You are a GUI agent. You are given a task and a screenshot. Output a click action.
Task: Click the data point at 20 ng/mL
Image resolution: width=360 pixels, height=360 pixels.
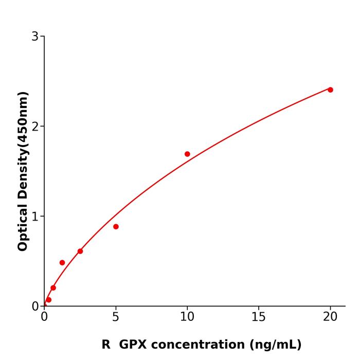(330, 90)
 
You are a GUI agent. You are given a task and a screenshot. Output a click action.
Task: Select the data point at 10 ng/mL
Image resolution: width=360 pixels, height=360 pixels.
(187, 154)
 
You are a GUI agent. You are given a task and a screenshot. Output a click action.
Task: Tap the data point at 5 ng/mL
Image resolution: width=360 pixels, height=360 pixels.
(116, 227)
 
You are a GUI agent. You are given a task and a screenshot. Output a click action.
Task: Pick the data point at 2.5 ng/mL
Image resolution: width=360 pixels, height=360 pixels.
(80, 251)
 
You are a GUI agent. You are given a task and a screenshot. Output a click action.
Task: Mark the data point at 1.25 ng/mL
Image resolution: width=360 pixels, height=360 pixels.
(62, 263)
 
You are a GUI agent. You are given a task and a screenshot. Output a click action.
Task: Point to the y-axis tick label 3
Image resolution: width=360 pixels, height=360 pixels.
(35, 37)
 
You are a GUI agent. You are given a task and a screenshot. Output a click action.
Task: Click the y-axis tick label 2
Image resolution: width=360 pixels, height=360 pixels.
(35, 127)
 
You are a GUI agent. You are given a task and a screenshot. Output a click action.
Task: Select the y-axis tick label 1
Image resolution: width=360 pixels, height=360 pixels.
(35, 217)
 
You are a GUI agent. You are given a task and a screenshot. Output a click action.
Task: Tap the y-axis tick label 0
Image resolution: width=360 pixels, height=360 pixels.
(35, 307)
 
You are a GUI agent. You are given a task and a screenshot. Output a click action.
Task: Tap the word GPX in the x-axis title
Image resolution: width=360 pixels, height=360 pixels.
(133, 345)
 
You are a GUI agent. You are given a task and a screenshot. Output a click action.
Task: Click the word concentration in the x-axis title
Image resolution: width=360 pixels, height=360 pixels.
(198, 345)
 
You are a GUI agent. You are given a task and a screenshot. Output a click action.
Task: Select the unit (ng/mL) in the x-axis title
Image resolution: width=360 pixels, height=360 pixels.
(275, 345)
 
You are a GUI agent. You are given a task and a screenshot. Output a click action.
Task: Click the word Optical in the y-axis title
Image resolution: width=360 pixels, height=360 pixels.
(23, 226)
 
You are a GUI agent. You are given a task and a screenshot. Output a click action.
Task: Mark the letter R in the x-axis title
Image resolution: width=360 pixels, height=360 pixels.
(106, 345)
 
